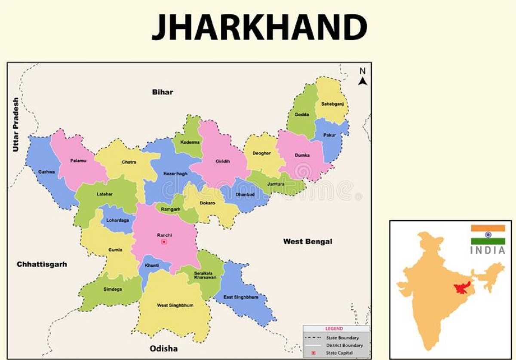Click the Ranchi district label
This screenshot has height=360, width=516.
click(x=164, y=235)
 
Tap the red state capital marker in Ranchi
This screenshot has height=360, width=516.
click(x=164, y=242)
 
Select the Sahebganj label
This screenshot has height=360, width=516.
click(x=332, y=104)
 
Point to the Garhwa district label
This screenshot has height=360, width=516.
click(x=46, y=171)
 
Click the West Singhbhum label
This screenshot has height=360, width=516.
click(x=175, y=305)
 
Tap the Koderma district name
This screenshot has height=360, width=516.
click(x=190, y=142)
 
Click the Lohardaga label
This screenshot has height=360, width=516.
click(x=118, y=220)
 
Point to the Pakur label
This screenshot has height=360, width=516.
click(x=329, y=135)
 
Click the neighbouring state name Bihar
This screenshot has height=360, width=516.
click(x=163, y=92)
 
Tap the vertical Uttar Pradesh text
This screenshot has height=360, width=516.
click(x=16, y=125)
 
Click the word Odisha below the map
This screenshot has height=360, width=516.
click(x=163, y=348)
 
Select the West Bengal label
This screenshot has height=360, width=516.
click(x=307, y=241)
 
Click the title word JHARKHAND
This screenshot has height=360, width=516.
click(x=259, y=27)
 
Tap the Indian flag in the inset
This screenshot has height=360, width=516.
click(x=488, y=235)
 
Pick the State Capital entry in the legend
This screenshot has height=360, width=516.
click(x=339, y=353)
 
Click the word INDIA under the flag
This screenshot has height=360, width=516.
click(x=488, y=250)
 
